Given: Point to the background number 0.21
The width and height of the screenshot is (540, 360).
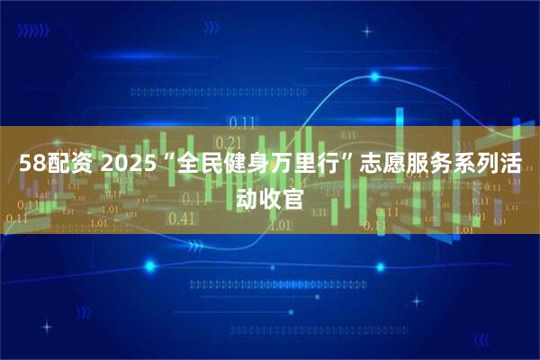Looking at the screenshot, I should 230,142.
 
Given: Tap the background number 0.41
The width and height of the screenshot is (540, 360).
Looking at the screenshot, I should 182,218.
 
